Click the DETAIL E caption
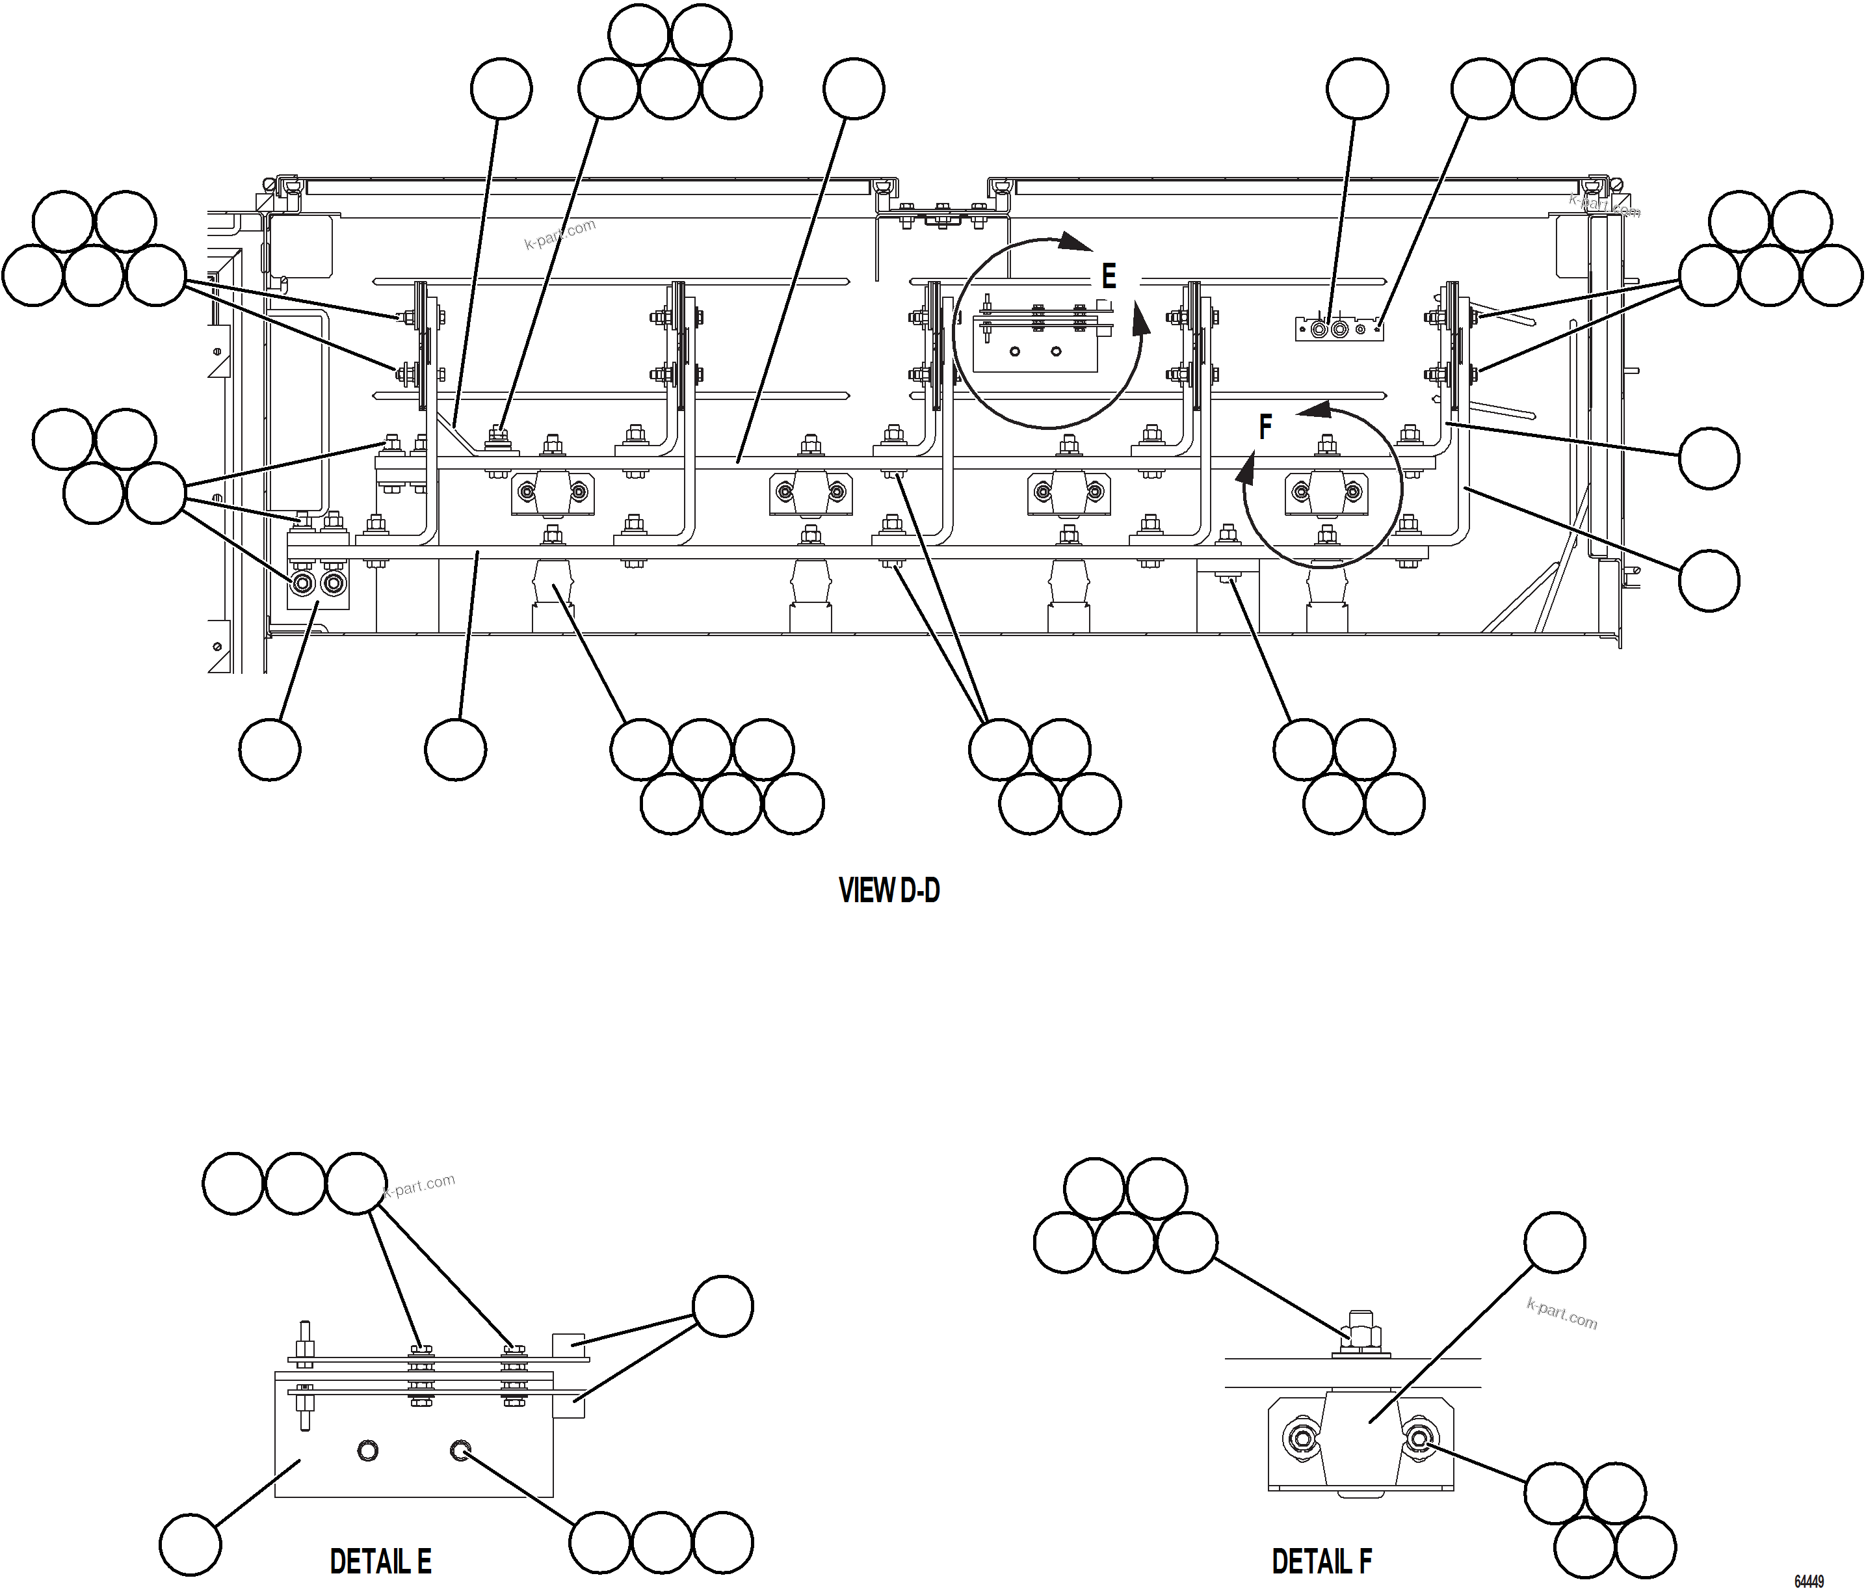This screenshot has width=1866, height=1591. pos(380,1561)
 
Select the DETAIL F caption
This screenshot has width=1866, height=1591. pos(1321,1561)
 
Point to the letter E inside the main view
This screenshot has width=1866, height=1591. pos(1109,276)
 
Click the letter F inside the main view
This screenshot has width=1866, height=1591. pos(1265,427)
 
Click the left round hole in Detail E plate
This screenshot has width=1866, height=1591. pos(367,1451)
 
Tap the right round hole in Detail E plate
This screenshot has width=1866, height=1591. pos(460,1451)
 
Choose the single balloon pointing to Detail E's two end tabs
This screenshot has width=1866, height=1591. pos(722,1306)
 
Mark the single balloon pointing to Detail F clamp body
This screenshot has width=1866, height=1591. pos(1555,1242)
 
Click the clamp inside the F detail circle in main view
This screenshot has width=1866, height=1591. pos(1325,491)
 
